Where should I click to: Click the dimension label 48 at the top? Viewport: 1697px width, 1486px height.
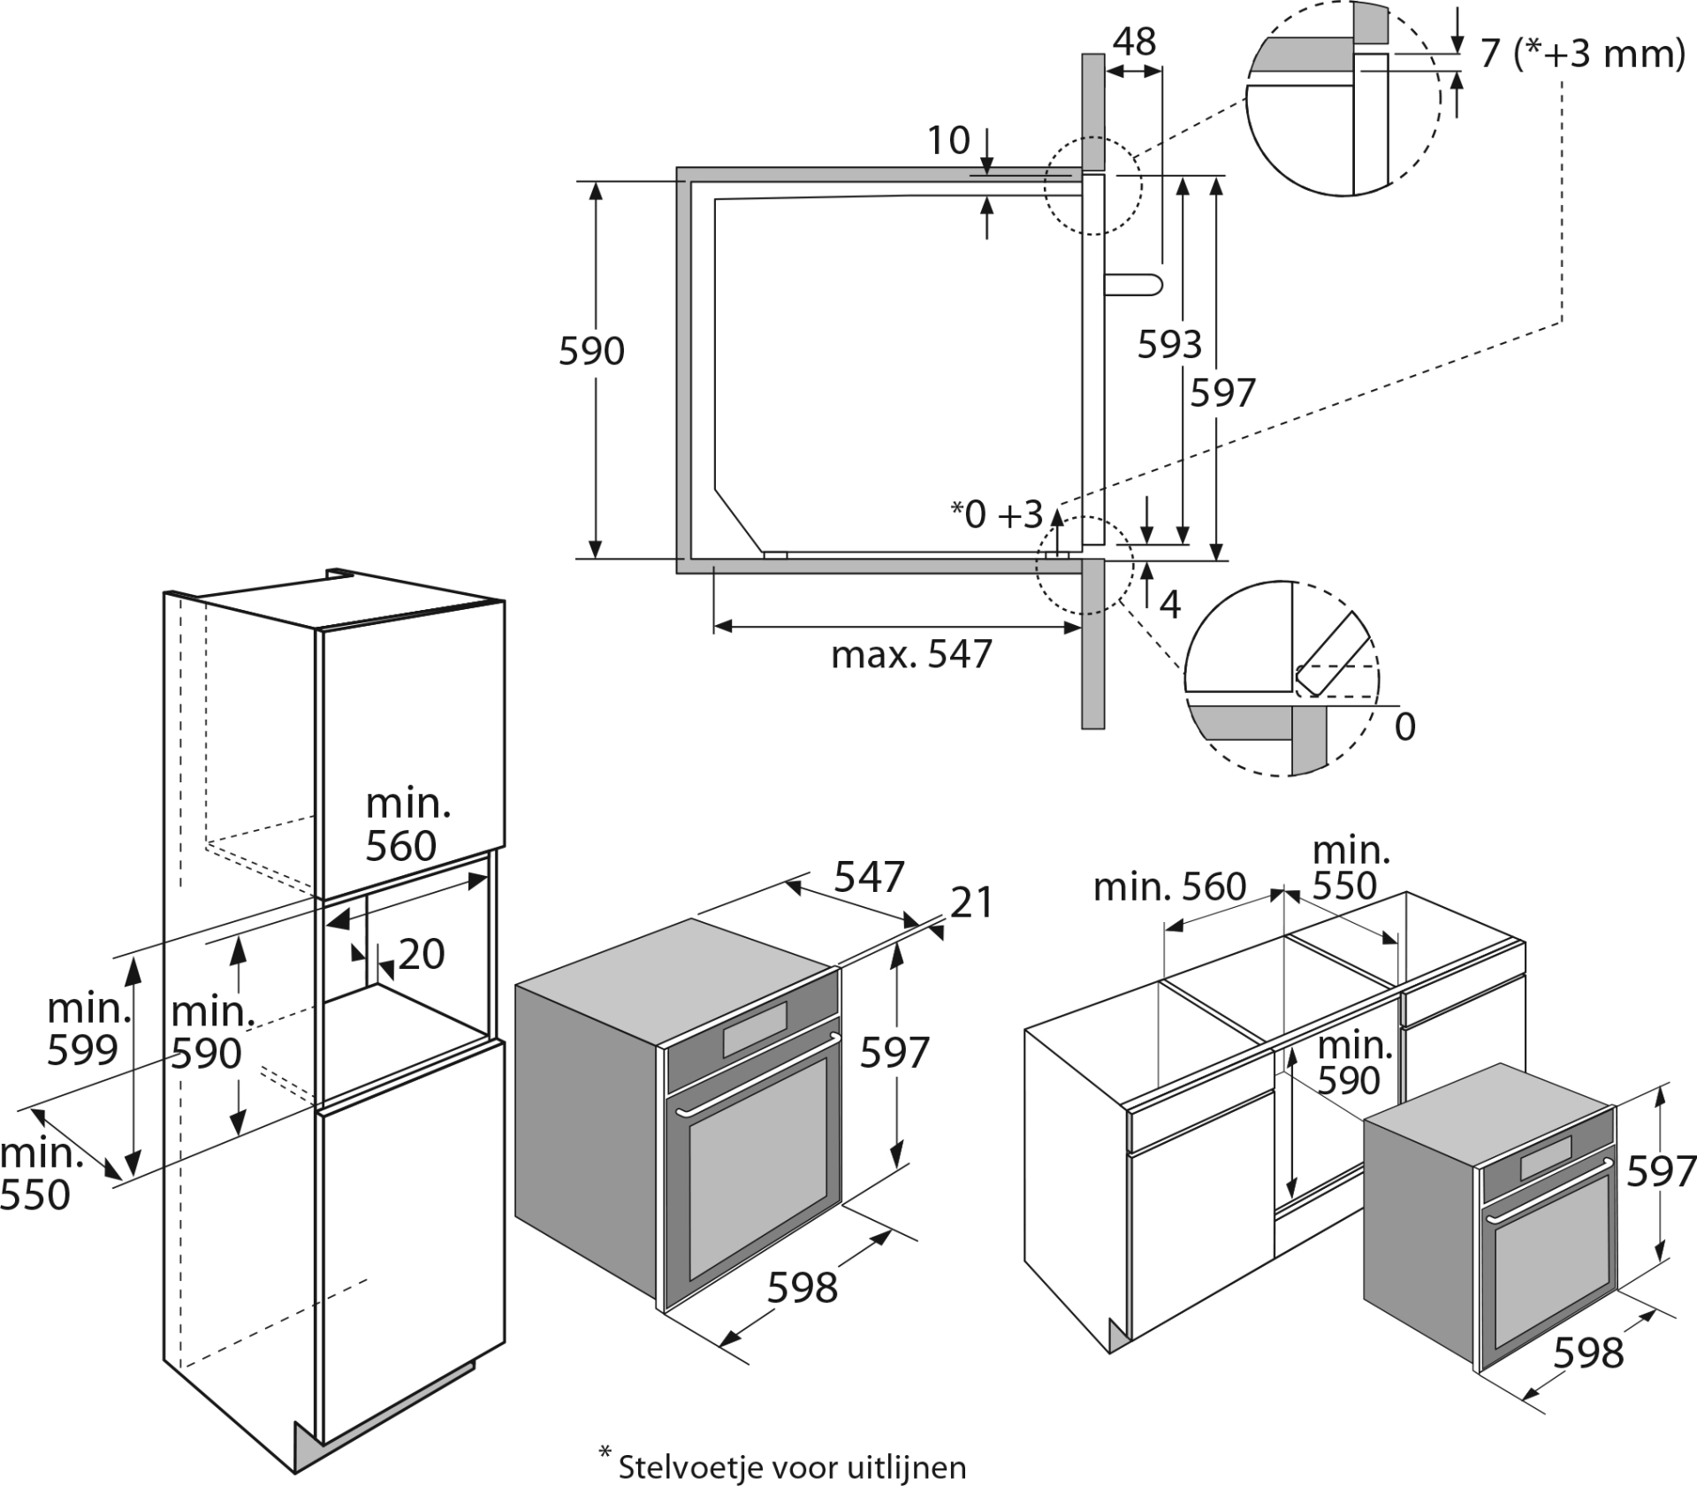tap(1134, 42)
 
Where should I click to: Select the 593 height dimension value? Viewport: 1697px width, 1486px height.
tap(1168, 345)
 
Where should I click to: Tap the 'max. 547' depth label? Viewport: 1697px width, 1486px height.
tap(911, 655)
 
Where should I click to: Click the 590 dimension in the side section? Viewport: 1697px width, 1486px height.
tap(591, 352)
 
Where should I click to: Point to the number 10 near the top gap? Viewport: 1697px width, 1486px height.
tap(948, 141)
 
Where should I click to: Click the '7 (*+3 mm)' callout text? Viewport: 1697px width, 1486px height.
tap(1582, 55)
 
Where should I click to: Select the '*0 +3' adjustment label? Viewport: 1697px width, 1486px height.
tap(997, 514)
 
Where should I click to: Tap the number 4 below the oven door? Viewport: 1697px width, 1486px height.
tap(1169, 606)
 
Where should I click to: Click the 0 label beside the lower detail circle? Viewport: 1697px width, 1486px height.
tap(1404, 727)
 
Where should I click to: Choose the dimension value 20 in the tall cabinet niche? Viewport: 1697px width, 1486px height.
tap(421, 955)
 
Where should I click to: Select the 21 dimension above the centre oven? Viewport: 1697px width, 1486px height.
tap(972, 903)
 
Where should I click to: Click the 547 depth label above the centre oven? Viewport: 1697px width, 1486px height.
tap(870, 877)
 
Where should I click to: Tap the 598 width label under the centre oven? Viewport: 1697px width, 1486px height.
tap(802, 1288)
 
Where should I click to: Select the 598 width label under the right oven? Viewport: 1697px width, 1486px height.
tap(1588, 1353)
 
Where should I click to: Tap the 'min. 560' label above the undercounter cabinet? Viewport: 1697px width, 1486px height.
tap(1169, 887)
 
